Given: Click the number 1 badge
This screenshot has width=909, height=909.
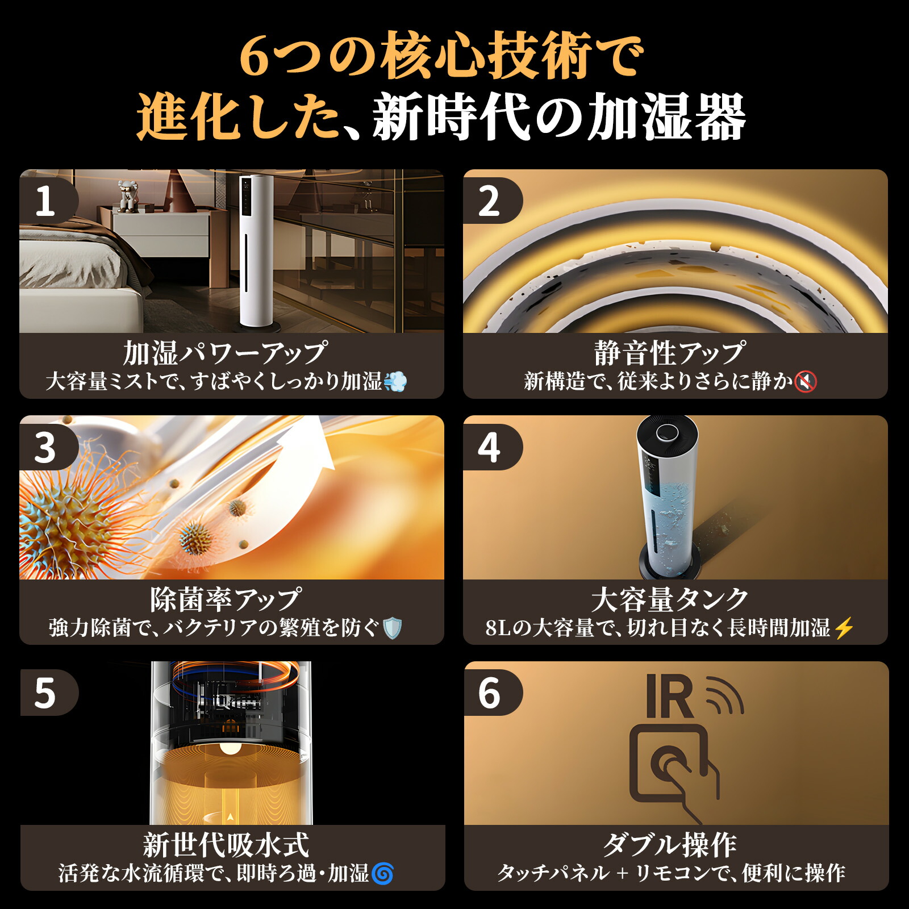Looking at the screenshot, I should pyautogui.click(x=45, y=201).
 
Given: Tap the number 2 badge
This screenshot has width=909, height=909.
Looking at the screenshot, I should pyautogui.click(x=489, y=201).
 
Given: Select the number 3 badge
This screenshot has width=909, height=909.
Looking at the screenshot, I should pyautogui.click(x=45, y=448).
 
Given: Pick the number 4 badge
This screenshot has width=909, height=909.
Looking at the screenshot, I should pyautogui.click(x=489, y=448).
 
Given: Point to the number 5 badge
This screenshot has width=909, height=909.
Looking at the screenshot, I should pyautogui.click(x=45, y=693).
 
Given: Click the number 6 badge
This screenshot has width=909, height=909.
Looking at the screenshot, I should pyautogui.click(x=489, y=693).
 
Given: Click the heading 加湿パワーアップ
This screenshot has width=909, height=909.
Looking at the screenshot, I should pyautogui.click(x=226, y=353).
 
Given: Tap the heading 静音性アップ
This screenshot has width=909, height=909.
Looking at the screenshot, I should pyautogui.click(x=670, y=353).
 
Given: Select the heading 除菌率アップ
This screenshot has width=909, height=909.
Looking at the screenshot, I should pyautogui.click(x=226, y=600).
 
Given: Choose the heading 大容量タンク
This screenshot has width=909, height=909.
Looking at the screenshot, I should pyautogui.click(x=670, y=600).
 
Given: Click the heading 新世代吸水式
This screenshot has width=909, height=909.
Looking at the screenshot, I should pyautogui.click(x=226, y=845).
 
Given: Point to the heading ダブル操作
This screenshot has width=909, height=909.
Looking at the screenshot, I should pyautogui.click(x=670, y=845).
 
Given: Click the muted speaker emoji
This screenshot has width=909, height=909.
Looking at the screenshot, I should pyautogui.click(x=806, y=382).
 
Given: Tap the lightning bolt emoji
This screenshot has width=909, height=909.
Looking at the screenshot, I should pyautogui.click(x=845, y=628).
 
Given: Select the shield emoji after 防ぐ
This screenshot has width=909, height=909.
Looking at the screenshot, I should pyautogui.click(x=393, y=628).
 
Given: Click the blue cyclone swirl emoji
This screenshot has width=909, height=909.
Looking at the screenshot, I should pyautogui.click(x=383, y=874).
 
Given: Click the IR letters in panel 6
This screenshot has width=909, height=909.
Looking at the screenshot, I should pyautogui.click(x=670, y=698).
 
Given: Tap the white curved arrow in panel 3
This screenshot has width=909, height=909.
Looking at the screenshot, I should pyautogui.click(x=310, y=449).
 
